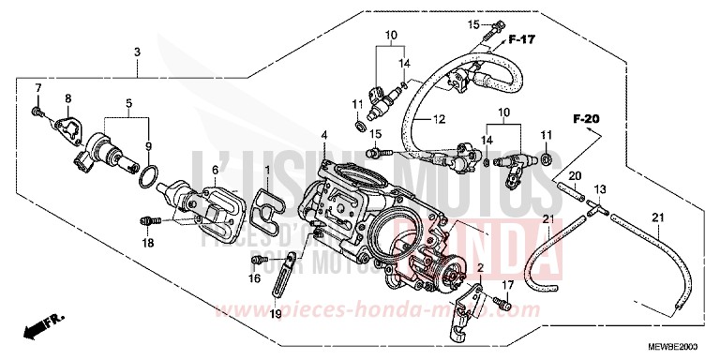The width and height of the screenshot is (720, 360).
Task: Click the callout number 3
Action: click(137, 51)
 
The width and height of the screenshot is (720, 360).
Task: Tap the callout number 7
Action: click(38, 87)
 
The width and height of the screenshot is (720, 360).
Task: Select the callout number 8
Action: click(67, 98)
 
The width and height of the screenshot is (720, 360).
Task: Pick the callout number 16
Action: click(253, 278)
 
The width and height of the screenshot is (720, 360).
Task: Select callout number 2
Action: click(481, 268)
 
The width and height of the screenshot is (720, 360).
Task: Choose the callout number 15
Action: click(473, 23)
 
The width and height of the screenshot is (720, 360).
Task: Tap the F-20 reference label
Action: click(586, 119)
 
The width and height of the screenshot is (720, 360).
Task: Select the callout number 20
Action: click(575, 176)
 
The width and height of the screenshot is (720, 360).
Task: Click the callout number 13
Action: click(600, 190)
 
